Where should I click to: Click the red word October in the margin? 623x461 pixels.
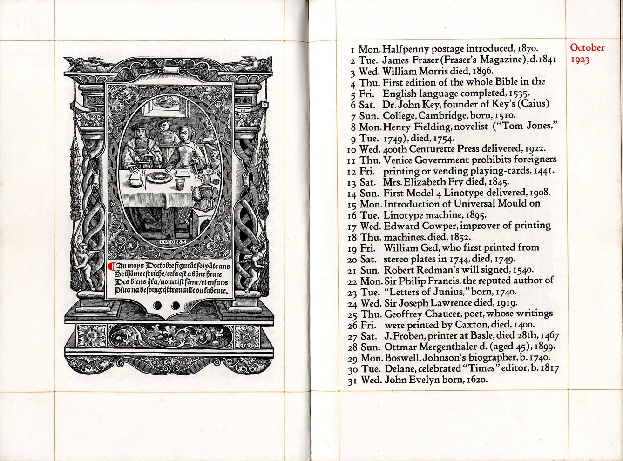587,48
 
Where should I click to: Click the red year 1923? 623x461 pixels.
580,60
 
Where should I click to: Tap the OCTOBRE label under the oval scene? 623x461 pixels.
173,242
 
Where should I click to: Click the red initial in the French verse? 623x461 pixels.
111,267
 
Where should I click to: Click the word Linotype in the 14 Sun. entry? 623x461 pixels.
466,192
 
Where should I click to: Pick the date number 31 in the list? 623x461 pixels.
352,381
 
